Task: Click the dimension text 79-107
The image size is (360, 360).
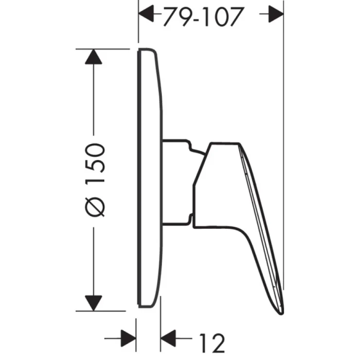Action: click(202, 17)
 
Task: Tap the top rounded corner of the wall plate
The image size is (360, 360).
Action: click(149, 49)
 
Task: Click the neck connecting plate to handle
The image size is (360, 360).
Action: click(177, 183)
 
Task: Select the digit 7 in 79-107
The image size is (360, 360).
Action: click(170, 17)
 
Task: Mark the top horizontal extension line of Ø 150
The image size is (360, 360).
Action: click(103, 48)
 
